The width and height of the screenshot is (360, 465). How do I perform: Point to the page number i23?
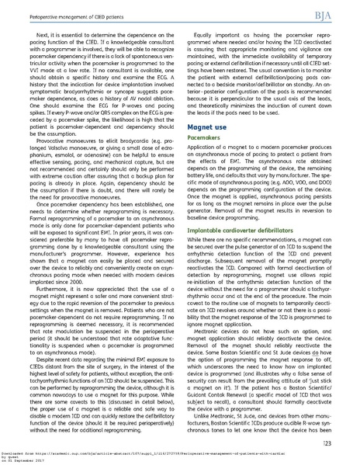coord(339,442)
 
